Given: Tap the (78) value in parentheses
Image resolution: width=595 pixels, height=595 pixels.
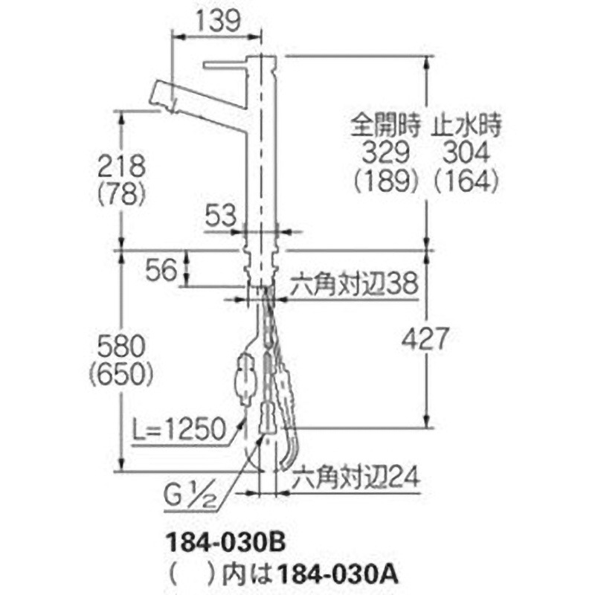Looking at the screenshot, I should [x=120, y=194].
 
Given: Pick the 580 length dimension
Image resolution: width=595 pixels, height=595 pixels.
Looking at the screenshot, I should [x=120, y=345].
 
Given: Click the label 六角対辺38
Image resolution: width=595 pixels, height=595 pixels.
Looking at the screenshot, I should [x=352, y=283].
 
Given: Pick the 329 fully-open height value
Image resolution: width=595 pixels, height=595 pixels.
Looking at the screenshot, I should [x=385, y=152].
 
